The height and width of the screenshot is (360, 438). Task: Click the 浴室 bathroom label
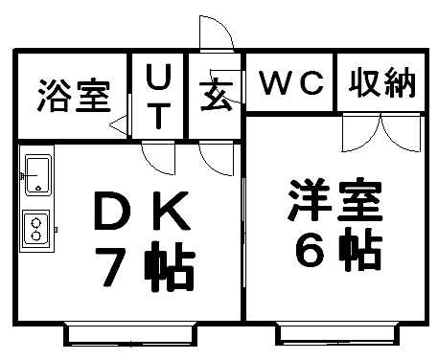click(74, 96)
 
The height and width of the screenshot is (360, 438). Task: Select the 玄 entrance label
click(217, 97)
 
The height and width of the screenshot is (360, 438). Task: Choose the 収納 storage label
click(383, 83)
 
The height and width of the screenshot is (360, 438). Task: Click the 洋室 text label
click(335, 199)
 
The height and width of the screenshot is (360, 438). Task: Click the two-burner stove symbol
click(36, 227)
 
